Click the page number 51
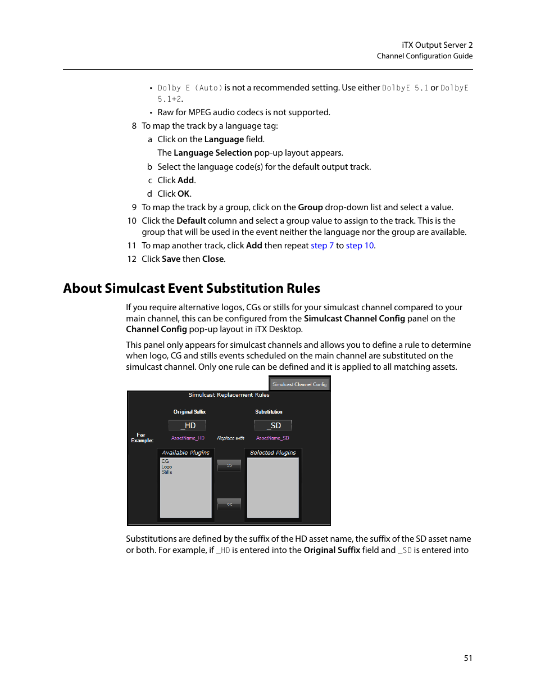point(468,658)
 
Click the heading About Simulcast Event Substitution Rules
point(192,288)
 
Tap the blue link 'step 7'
point(322,246)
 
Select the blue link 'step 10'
point(360,246)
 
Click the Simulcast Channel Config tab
point(299,384)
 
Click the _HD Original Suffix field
point(187,425)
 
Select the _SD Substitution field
point(273,425)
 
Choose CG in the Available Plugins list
point(165,461)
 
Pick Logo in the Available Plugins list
point(167,467)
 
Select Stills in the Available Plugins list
point(167,472)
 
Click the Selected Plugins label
point(272,452)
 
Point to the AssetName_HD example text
point(188,438)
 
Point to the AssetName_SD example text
point(272,438)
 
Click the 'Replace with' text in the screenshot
point(230,438)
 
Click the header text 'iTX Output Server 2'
point(437,45)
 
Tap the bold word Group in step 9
point(310,207)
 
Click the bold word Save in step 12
point(171,259)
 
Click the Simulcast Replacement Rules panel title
point(229,395)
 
